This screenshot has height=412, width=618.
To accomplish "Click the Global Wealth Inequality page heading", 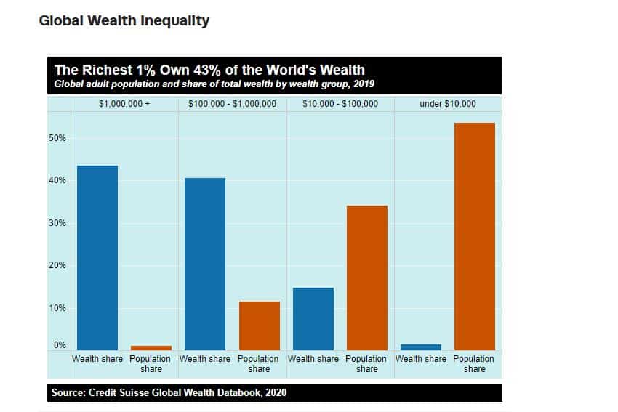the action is point(124,20).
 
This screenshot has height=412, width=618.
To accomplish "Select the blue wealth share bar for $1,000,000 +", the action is point(97,258).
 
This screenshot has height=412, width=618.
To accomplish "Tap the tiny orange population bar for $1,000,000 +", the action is point(151,348).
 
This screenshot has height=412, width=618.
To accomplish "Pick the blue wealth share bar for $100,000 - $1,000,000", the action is point(205,264).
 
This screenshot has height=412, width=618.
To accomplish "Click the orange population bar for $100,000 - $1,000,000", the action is point(260,326).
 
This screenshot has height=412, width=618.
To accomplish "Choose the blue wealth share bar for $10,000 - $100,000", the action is point(313,319).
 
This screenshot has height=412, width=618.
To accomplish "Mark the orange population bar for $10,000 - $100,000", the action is point(367,278).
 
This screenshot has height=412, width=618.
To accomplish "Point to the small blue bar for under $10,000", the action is point(421,347).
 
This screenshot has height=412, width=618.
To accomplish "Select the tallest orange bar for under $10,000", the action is point(475,236).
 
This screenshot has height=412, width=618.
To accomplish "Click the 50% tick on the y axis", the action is point(57,138).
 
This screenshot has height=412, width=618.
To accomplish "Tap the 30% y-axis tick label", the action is point(57,223).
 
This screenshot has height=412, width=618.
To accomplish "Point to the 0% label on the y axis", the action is point(60,345).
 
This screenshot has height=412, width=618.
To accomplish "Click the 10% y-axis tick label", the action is point(57,308).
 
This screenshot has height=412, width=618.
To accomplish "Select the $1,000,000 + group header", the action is point(124,104).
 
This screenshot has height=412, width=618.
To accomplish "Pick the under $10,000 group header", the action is point(448,104).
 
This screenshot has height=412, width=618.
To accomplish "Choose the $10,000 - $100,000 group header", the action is point(340,104).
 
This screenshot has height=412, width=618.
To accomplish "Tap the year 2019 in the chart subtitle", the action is point(364,84).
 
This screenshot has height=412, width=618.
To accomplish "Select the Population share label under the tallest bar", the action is point(474,364).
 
